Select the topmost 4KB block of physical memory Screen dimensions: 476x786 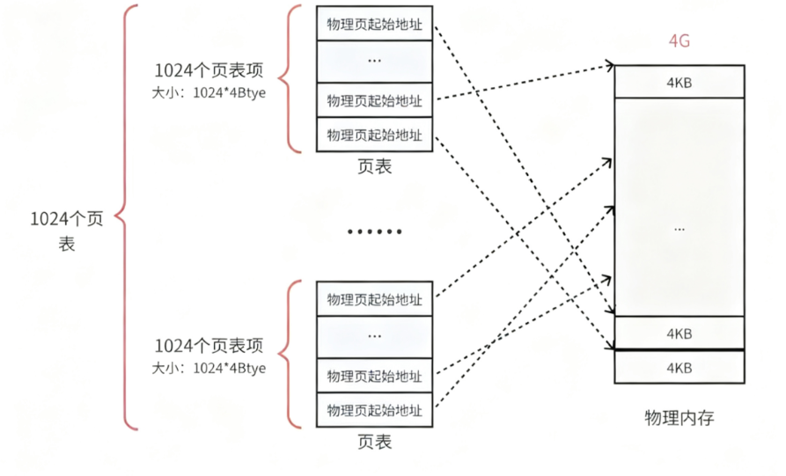679,81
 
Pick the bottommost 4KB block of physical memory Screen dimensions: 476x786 679,366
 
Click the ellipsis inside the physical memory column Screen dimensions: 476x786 679,228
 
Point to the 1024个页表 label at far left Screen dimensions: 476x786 66,231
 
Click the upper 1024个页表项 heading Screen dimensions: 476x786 209,71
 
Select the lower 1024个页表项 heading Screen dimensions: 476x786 209,346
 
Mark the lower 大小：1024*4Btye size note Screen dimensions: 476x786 209,367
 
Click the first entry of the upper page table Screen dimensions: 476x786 375,24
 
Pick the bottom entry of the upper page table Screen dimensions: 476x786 375,135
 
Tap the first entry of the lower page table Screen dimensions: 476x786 375,299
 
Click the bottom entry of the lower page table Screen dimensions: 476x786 375,410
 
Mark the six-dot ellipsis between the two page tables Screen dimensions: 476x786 375,231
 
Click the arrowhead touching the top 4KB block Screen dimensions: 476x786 610,65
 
